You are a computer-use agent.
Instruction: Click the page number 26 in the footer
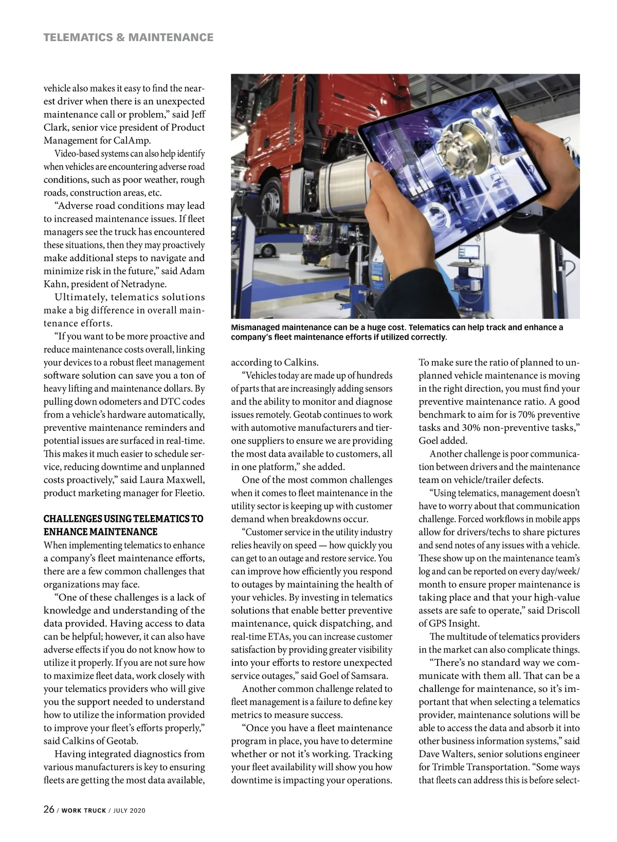(49, 810)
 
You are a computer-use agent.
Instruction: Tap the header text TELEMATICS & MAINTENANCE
(129, 37)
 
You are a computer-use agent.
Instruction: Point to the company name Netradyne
(156, 284)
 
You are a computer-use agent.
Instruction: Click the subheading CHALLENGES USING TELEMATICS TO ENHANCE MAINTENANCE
(123, 525)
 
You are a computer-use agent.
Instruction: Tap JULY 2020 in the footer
(130, 811)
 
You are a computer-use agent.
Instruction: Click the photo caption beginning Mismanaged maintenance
(397, 333)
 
